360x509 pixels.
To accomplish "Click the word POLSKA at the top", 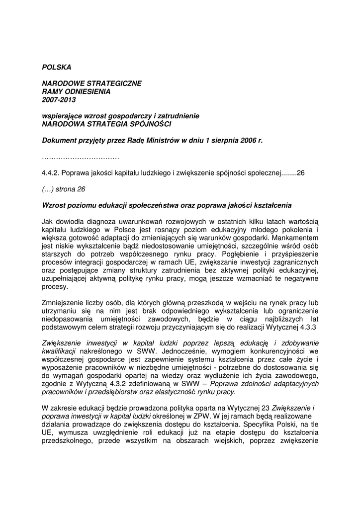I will [57, 67].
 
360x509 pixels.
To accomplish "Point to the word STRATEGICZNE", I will [110, 84].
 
